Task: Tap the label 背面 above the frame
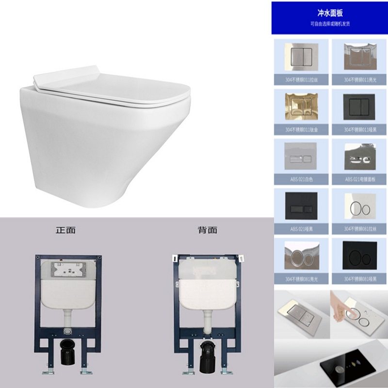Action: point(207,230)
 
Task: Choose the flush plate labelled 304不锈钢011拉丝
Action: point(300,57)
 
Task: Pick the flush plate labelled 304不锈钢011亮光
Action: point(359,57)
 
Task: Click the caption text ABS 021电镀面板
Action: point(359,179)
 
